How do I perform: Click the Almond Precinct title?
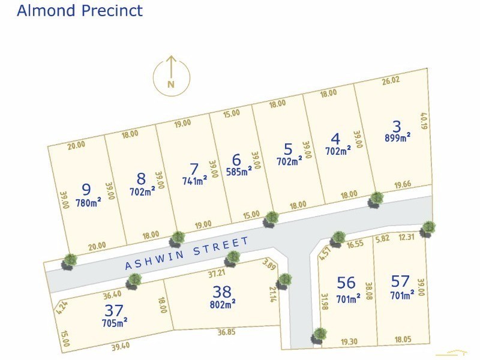[x=80, y=11]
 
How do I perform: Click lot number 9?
[x=86, y=190]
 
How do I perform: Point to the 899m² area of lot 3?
[x=397, y=137]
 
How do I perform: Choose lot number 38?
[x=221, y=292]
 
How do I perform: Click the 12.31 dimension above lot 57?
[x=406, y=238]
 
